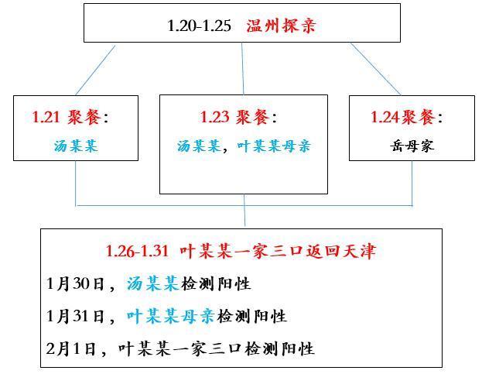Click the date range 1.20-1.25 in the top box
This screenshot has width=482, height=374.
[x=199, y=26]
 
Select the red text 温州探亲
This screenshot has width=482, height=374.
[x=281, y=26]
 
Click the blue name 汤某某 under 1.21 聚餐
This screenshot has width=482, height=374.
[x=76, y=146]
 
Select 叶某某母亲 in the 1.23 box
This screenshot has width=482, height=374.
[x=274, y=146]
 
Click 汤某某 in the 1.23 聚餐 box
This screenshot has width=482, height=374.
[x=199, y=146]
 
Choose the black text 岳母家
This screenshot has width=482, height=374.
[x=412, y=146]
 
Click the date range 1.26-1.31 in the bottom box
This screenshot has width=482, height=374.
[x=137, y=252]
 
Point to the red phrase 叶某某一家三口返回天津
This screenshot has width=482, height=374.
[x=278, y=251]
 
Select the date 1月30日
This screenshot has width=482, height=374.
[x=75, y=283]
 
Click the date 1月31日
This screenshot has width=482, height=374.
[x=75, y=316]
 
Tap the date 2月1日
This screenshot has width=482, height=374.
[x=70, y=348]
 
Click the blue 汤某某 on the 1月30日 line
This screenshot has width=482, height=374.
[x=152, y=283]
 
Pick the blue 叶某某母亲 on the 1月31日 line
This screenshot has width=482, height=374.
[x=171, y=316]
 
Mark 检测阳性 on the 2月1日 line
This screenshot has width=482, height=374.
[x=279, y=348]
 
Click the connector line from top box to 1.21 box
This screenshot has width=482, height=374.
[x=95, y=70]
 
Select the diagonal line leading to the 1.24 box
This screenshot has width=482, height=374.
[x=376, y=69]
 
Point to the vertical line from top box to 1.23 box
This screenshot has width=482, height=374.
[x=242, y=69]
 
